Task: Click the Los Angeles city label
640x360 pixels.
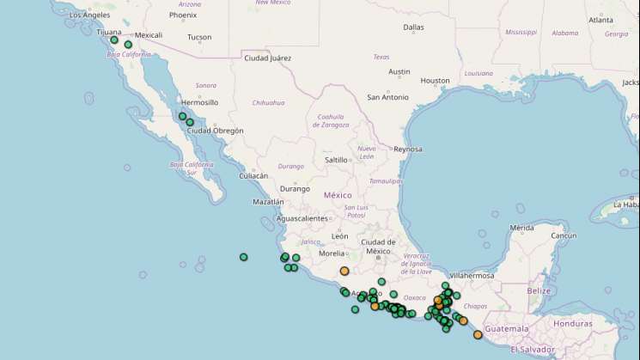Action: [88, 15]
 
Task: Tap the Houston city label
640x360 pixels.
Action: [435, 81]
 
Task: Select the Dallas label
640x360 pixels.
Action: [413, 27]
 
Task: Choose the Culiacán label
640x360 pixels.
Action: [253, 175]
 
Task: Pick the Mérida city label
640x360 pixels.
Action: [522, 228]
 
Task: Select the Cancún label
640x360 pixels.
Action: [563, 235]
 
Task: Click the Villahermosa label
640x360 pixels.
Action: [472, 276]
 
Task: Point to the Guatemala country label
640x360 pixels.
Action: [507, 329]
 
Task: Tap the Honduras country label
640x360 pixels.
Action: [573, 324]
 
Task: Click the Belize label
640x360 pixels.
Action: [539, 291]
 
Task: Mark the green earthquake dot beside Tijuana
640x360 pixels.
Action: [114, 40]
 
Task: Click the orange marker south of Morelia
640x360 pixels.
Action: [344, 271]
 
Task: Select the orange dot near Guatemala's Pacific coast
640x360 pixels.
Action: [478, 335]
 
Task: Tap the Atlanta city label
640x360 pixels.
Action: [600, 20]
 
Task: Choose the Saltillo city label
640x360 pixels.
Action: [336, 160]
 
